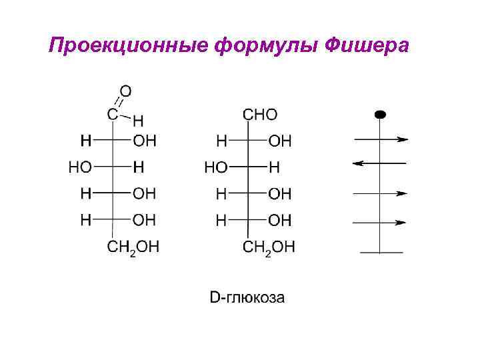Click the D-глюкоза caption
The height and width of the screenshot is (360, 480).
[x=247, y=297]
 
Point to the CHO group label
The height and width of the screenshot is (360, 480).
[x=260, y=115]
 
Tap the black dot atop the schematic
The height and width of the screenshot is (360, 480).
[x=380, y=114]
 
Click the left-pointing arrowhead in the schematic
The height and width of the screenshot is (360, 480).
[x=357, y=163]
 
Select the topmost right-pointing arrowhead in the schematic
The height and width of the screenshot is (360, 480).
[x=402, y=139]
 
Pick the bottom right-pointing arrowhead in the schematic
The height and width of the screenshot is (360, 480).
[x=402, y=222]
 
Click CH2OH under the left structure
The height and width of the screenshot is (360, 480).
[x=133, y=248]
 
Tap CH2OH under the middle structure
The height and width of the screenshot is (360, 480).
[x=269, y=248]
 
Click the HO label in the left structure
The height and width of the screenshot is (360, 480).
[x=80, y=167]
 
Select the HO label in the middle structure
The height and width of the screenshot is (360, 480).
[x=215, y=167]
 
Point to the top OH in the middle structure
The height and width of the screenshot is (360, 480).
[x=280, y=141]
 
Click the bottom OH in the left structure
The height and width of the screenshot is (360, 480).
[x=145, y=219]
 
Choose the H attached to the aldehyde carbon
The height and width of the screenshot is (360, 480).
[x=137, y=121]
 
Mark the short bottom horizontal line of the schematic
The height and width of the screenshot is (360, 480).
[x=381, y=252]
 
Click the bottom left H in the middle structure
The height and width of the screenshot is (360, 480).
[x=221, y=219]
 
